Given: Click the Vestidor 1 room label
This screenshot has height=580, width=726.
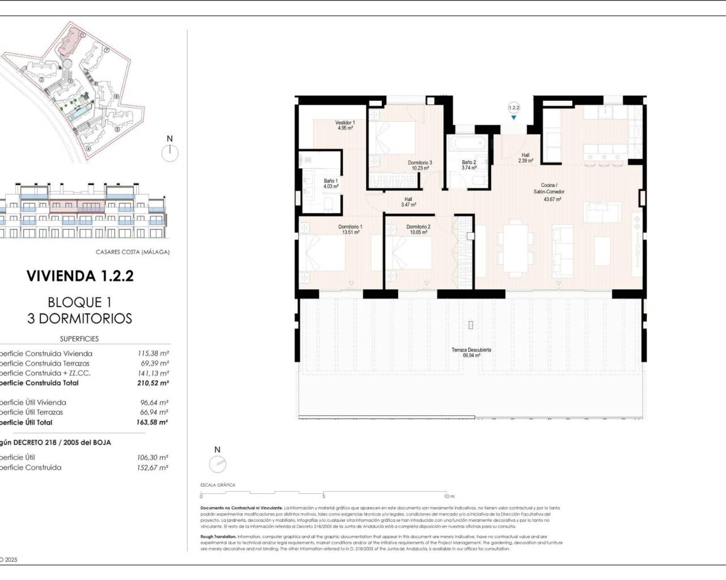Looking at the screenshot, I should pos(345,125).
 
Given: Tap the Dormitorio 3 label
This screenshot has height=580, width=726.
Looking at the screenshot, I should pos(420,165).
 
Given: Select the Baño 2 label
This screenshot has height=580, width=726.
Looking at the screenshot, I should pos(468,165).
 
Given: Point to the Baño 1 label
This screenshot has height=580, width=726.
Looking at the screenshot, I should pos(331,184).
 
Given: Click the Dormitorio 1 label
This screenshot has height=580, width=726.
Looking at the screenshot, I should pos(350,229).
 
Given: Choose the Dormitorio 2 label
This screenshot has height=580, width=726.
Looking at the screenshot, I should pos(418,229).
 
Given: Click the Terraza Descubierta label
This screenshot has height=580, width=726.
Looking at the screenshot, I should pos(471,352).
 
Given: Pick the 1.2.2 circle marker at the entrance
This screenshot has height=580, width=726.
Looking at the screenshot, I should pos(514,107).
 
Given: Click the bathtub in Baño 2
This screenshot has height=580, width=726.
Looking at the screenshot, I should pos(467,144).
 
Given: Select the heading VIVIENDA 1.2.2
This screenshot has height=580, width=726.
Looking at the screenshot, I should pos(80,276).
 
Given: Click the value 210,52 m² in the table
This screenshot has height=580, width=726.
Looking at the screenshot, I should pos(153,383).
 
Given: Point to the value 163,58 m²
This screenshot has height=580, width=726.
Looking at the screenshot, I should pos(153,422).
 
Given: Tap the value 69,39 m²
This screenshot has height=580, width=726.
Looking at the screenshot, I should pos(153,363).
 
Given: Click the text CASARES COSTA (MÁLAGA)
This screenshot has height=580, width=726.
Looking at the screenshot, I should pos(133,252).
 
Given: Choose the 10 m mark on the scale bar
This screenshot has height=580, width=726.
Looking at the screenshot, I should pos(449,496).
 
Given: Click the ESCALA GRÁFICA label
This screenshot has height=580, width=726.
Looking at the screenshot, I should pos(217,485).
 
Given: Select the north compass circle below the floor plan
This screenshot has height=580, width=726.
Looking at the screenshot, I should pos(217,464).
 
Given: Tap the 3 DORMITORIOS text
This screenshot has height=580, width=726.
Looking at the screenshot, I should pos(79,318).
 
